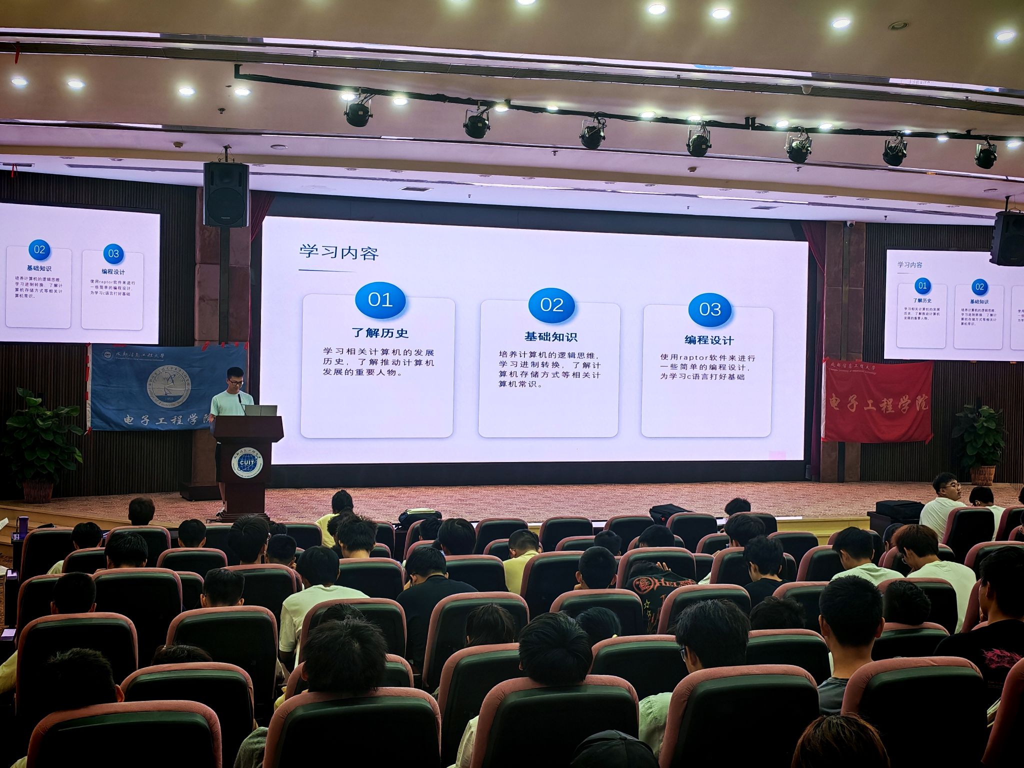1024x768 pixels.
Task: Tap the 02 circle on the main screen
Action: [x=551, y=304]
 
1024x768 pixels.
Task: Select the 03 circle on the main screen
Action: [x=710, y=309]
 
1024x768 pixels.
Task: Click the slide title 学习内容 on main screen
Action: [x=338, y=252]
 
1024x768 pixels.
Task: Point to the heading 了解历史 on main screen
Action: [x=380, y=333]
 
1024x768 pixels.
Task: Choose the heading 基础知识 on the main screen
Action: [x=550, y=336]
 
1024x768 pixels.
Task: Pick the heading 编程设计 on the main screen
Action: [x=709, y=340]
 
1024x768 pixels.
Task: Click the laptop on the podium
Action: [x=260, y=410]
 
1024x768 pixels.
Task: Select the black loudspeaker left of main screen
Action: [x=226, y=194]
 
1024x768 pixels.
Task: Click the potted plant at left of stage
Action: [x=40, y=440]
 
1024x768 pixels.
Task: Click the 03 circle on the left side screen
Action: [x=113, y=253]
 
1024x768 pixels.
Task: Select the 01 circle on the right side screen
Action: [x=922, y=286]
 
